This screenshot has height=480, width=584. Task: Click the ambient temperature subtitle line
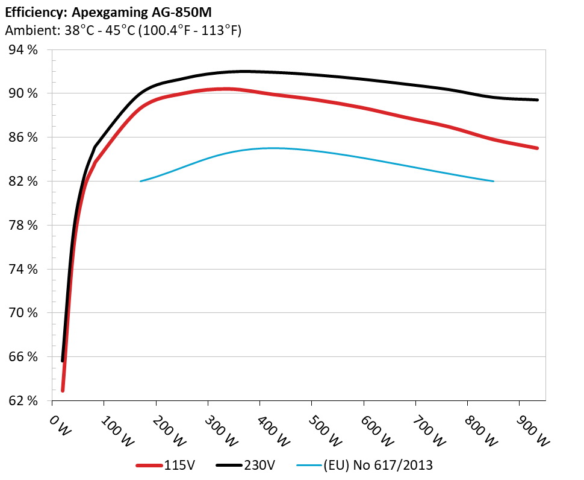123,30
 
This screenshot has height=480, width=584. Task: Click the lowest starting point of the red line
63,391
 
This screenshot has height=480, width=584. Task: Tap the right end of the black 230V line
537,100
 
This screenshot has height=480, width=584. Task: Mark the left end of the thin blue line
140,181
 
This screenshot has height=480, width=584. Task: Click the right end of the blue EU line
494,181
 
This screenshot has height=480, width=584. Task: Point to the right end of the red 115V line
537,148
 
